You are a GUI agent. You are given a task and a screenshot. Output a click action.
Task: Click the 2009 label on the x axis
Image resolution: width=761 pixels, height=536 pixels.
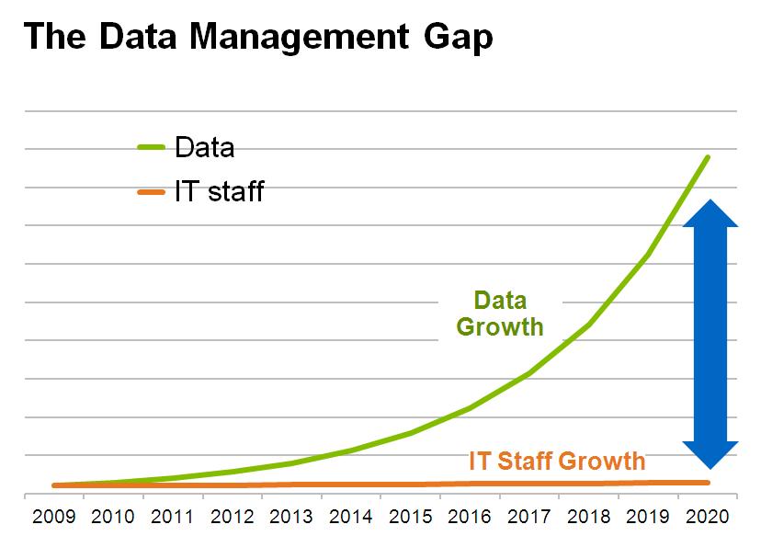point(54,516)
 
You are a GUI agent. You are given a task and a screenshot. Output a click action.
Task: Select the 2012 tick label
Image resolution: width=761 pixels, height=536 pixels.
point(233,516)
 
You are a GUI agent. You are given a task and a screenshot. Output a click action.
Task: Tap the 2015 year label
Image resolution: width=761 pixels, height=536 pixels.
point(411,516)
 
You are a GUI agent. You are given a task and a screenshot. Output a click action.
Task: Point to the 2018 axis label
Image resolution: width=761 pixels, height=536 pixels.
point(588,516)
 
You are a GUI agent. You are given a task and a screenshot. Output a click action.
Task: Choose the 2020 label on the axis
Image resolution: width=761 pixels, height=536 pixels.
point(708,516)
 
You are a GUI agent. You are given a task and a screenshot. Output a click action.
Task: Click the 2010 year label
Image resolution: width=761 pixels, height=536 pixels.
point(113,516)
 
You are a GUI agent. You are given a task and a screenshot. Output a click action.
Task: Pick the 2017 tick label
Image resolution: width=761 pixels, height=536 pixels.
point(529,516)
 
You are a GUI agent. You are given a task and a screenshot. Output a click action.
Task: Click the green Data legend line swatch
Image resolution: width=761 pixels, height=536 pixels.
point(150,147)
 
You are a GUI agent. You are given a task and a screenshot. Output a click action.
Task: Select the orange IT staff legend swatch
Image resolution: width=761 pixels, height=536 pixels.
point(150,191)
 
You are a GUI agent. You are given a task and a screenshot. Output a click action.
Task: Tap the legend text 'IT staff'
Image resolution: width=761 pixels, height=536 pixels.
point(219,191)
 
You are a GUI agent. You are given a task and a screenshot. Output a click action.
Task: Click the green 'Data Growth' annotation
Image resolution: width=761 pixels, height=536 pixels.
point(500,314)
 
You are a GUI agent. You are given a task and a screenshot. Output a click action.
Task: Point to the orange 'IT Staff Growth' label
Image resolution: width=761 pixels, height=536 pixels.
point(557,460)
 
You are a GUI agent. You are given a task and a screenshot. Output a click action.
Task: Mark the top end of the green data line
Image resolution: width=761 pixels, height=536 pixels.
point(707,157)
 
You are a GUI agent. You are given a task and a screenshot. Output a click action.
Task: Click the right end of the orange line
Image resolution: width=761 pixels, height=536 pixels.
point(708,482)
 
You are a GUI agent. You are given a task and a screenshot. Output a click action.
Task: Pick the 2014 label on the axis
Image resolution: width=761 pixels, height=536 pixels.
point(351,516)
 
